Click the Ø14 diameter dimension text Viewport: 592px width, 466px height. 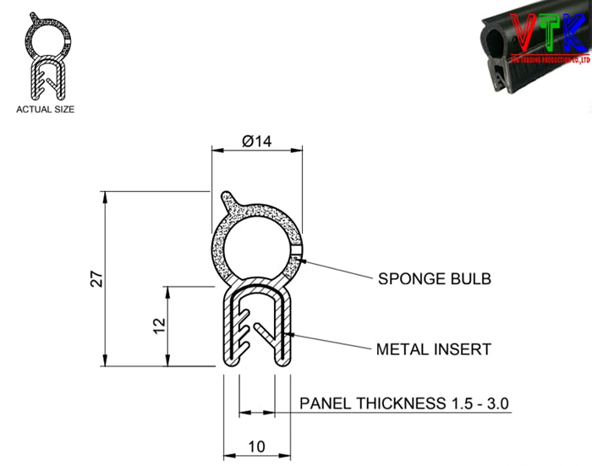256,141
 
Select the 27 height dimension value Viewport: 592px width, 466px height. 97,279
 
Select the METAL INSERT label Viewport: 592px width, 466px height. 433,348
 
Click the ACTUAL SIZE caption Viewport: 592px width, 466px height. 46,109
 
